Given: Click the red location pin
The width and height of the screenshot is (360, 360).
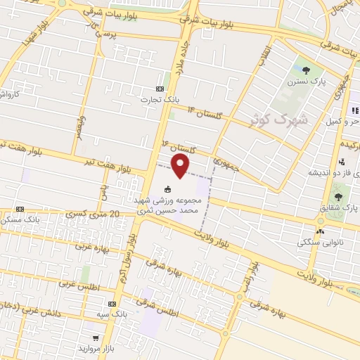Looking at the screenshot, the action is pyautogui.click(x=181, y=166).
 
